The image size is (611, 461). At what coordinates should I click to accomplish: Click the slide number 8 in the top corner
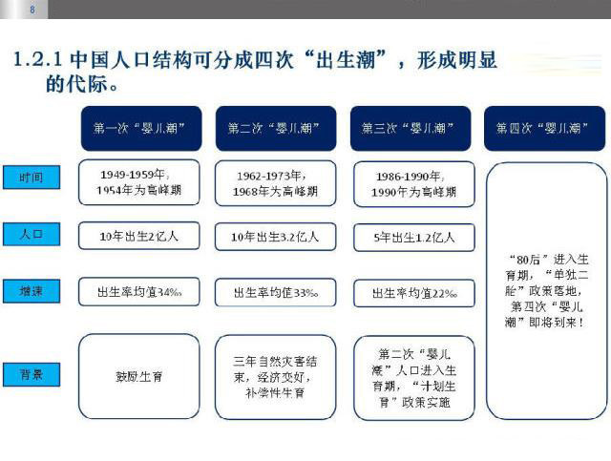coord(33,10)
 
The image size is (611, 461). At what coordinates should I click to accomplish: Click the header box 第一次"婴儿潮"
coord(138,128)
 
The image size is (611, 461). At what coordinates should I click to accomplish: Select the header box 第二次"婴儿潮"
coord(274,128)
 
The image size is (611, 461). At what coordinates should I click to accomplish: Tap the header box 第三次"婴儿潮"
coord(410,128)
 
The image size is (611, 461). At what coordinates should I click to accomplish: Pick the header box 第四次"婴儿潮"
coord(545,128)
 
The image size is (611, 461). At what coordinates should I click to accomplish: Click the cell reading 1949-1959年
coord(139,182)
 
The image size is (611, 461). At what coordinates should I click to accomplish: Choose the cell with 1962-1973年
coord(275,182)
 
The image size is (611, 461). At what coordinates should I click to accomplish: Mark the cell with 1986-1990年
coord(411,182)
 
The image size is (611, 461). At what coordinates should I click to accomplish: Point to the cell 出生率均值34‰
coord(139,291)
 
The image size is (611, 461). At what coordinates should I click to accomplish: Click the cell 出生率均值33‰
coord(275,291)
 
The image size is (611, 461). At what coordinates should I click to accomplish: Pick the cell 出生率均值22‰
coord(411,291)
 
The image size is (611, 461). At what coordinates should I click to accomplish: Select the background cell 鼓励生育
coord(139,376)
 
